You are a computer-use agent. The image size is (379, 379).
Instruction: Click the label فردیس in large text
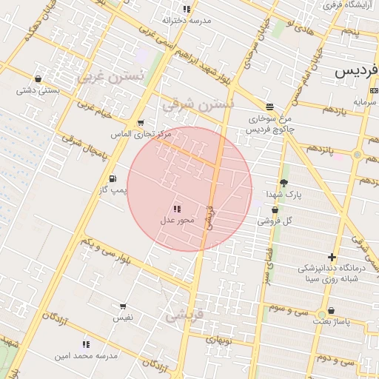pyautogui.click(x=357, y=72)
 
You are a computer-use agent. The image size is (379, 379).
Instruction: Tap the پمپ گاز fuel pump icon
pyautogui.click(x=112, y=178)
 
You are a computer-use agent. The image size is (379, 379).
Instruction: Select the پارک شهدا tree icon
pyautogui.click(x=284, y=183)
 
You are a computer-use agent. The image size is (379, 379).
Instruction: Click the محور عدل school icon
pyautogui.click(x=176, y=209)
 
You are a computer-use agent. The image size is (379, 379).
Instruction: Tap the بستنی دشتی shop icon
pyautogui.click(x=38, y=78)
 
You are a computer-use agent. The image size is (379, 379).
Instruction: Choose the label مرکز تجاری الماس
pyautogui.click(x=141, y=134)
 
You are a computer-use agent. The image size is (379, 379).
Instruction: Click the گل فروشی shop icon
pyautogui.click(x=275, y=209)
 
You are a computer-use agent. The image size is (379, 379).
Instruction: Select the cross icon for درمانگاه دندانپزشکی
pyautogui.click(x=332, y=257)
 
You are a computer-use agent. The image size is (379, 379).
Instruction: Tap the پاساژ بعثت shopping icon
pyautogui.click(x=331, y=311)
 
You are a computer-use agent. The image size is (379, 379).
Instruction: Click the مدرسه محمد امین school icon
pyautogui.click(x=86, y=344)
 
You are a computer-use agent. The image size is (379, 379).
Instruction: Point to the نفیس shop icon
pyautogui.click(x=123, y=306)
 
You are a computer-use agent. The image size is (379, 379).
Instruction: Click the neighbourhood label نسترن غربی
pyautogui.click(x=103, y=76)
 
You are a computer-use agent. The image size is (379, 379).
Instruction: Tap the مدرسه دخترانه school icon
pyautogui.click(x=187, y=9)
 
